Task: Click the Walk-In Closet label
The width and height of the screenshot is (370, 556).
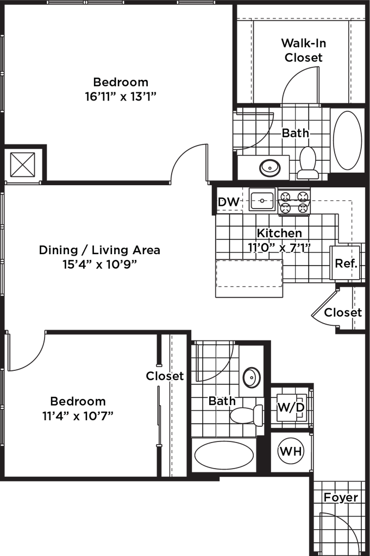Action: tap(304, 50)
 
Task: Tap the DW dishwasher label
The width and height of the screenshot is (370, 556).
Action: tap(229, 203)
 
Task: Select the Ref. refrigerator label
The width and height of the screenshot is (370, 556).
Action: tap(346, 264)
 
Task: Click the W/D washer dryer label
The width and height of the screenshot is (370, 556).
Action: tap(291, 407)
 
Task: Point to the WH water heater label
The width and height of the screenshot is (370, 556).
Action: tap(291, 451)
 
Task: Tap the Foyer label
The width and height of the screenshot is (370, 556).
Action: tap(341, 497)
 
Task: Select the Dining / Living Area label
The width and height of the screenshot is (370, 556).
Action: tap(100, 250)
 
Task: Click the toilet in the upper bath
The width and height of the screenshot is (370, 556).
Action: tap(308, 161)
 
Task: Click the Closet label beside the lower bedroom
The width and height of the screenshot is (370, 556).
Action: tap(165, 376)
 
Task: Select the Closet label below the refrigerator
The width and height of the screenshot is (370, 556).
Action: tap(343, 313)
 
